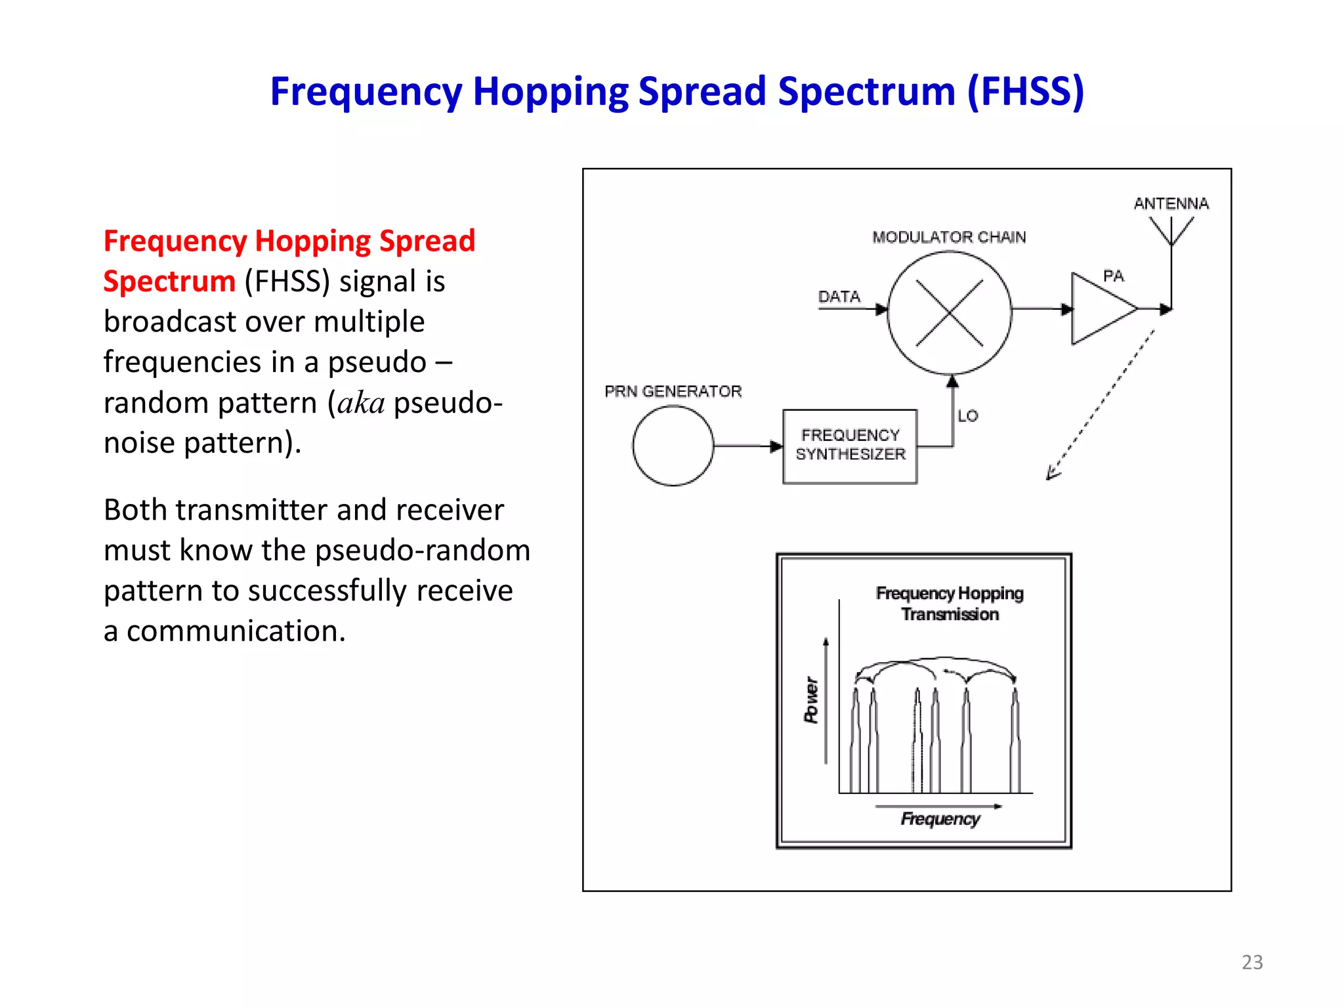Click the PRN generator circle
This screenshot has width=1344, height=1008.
click(x=673, y=446)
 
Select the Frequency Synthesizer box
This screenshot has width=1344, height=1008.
click(x=850, y=446)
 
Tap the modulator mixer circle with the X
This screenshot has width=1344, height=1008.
click(x=949, y=313)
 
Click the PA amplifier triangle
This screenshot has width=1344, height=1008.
click(x=1099, y=308)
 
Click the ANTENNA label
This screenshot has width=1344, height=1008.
click(x=1171, y=203)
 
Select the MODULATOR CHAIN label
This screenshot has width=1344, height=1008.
click(x=949, y=237)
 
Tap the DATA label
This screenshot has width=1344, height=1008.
click(x=839, y=297)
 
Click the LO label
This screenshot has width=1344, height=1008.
click(x=968, y=415)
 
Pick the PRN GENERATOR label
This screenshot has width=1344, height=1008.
click(x=673, y=391)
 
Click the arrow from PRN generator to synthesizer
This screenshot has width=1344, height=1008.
click(x=748, y=446)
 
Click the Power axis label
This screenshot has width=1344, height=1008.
click(x=812, y=700)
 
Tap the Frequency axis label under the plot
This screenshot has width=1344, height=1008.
click(x=940, y=818)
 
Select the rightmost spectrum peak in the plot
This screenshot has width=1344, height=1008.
click(x=1015, y=742)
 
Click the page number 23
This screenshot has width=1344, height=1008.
click(x=1252, y=962)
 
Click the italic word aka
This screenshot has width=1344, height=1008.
click(x=361, y=403)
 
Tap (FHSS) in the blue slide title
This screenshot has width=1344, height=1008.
click(x=1025, y=91)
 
